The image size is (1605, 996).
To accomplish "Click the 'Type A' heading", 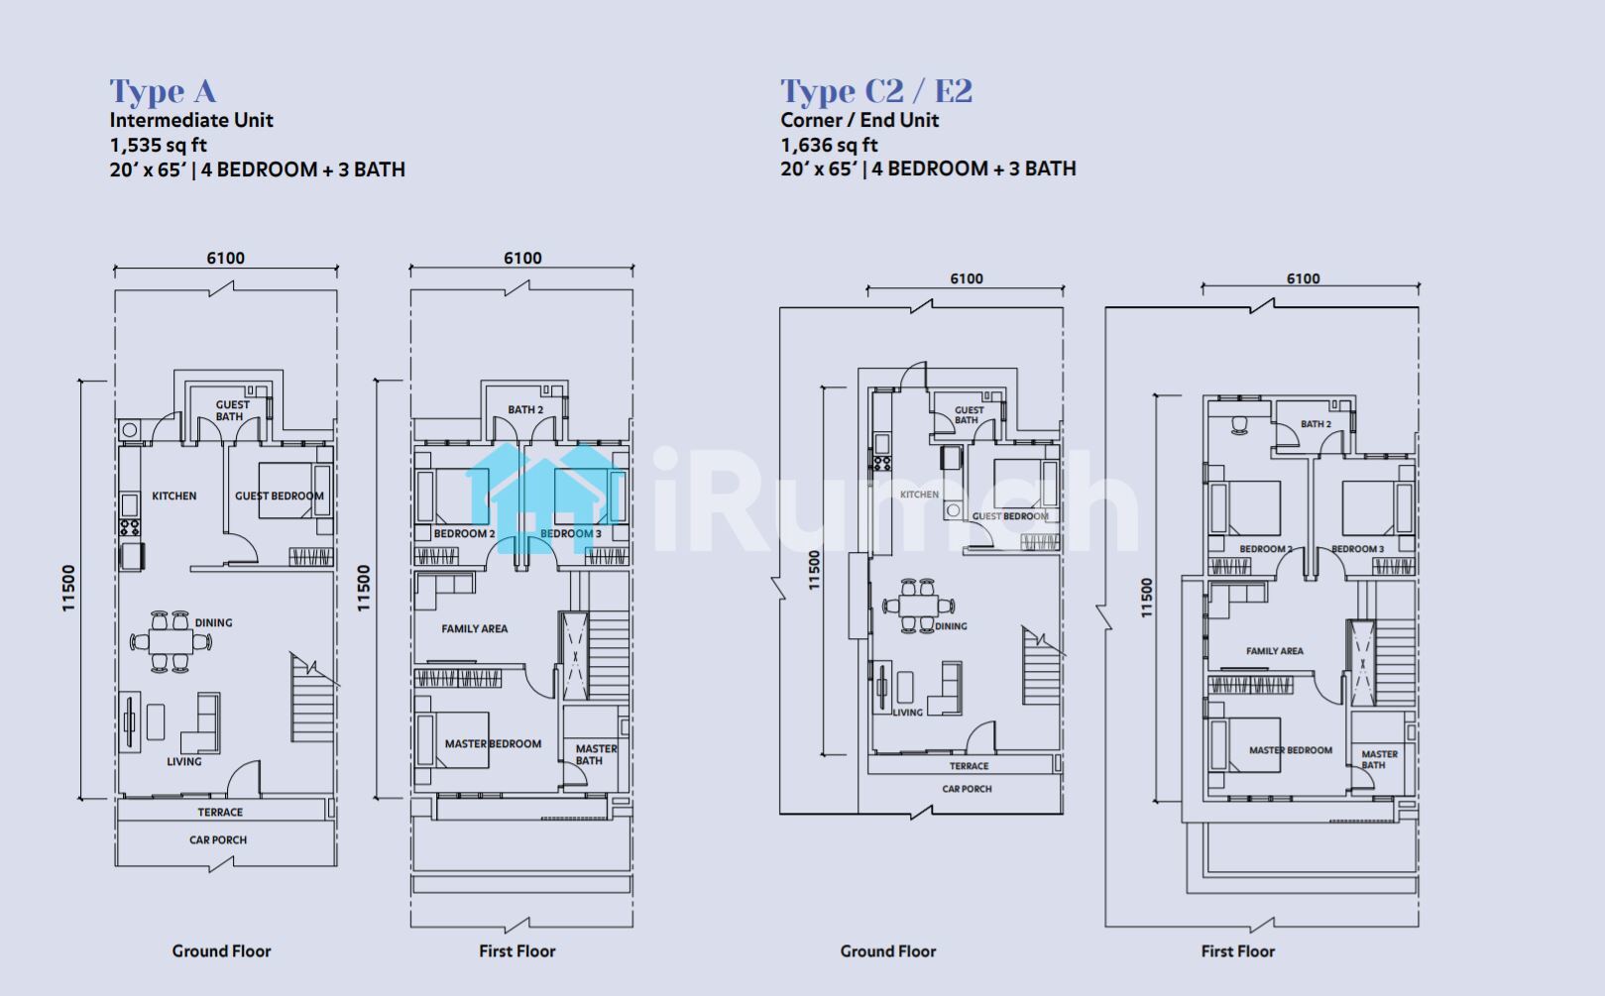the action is point(163,92).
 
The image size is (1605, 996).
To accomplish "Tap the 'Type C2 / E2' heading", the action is point(876,91).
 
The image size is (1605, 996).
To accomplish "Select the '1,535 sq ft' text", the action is point(159,146).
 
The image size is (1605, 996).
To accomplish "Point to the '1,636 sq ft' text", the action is point(829,146).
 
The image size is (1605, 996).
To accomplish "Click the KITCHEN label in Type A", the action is point(174,496).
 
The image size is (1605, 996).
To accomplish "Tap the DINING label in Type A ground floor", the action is point(213,622).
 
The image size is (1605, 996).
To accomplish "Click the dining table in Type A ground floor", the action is point(171,641).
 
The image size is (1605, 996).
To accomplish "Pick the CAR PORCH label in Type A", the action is point(218,839).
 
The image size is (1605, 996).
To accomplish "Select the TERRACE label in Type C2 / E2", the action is point(969,766).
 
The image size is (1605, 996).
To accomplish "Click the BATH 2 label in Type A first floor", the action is point(525,410).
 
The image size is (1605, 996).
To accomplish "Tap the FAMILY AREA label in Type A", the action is point(474,628).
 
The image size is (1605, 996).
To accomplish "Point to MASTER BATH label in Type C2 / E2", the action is point(1379,759).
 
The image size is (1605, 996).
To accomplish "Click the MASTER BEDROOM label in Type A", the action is point(493,743).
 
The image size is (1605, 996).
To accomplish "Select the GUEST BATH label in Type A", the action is point(232,410).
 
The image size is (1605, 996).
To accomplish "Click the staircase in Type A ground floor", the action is point(312,698).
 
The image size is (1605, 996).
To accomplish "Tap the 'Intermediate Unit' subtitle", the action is point(191,120).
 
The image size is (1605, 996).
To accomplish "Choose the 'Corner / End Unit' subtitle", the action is point(860,120).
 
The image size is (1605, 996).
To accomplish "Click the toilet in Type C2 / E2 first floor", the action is point(1238,425).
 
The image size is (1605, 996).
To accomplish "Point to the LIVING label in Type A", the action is point(184,762).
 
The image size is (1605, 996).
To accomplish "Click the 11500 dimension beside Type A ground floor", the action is point(68,589).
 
